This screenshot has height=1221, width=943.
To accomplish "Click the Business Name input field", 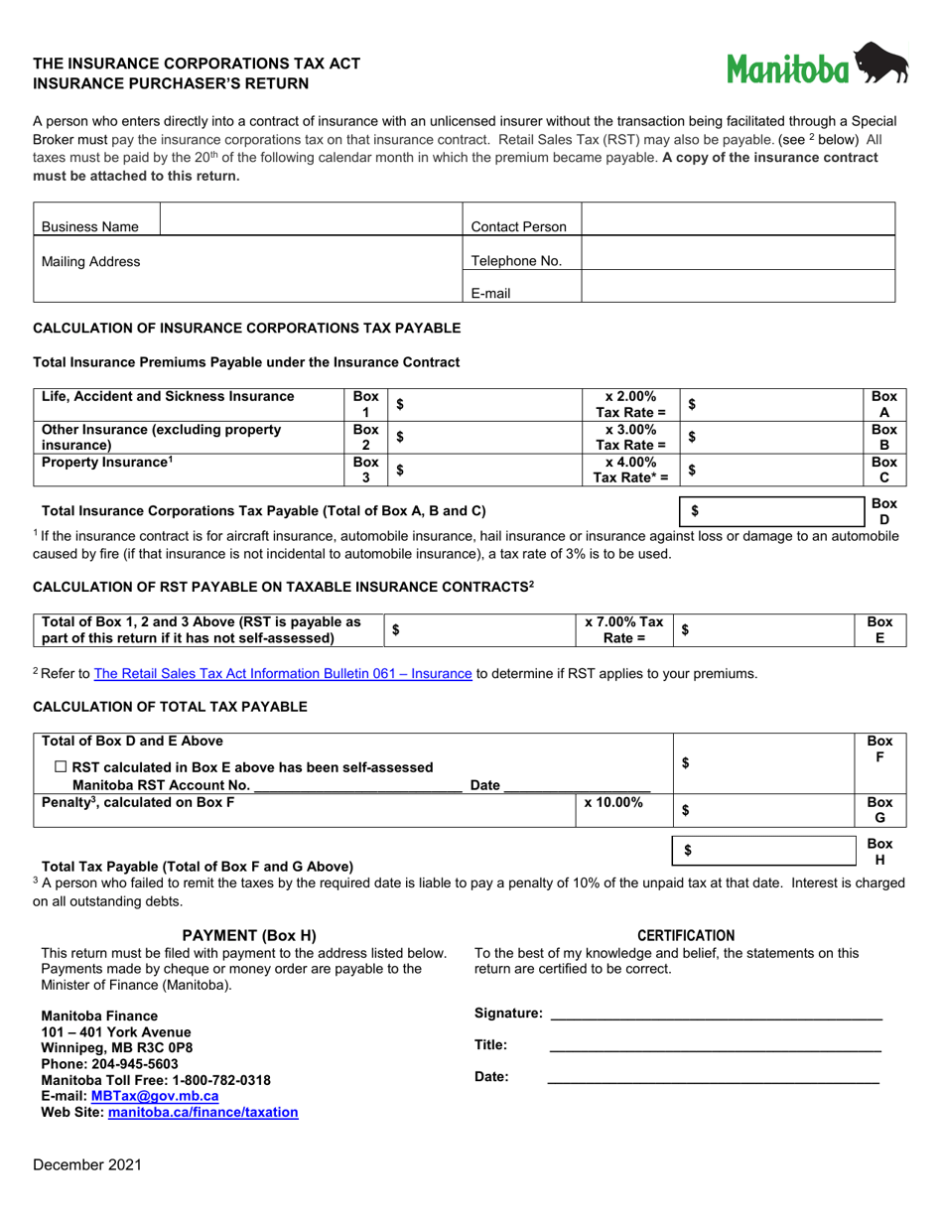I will pos(311,220).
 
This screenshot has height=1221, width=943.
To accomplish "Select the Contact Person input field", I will pos(737,220).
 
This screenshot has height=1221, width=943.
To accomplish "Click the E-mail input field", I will pos(737,286).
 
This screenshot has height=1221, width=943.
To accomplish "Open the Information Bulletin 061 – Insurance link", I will pos(282,674).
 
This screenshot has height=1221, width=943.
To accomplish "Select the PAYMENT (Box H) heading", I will pos(249,935).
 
